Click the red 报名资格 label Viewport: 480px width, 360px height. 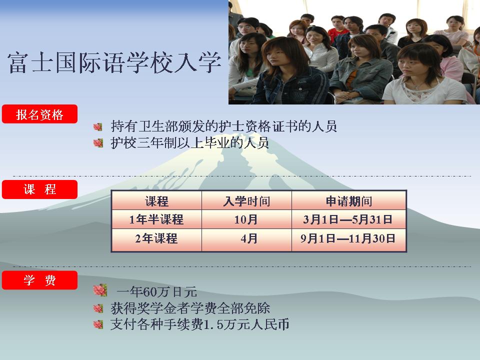(39, 114)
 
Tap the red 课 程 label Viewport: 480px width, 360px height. (39, 189)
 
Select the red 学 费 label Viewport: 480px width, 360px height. (39, 280)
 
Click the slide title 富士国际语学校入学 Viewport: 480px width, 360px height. (114, 63)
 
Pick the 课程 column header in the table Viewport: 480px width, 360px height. (156, 201)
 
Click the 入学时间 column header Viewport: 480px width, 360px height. (246, 201)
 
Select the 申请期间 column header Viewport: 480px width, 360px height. (349, 201)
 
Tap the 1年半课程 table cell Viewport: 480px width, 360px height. (156, 219)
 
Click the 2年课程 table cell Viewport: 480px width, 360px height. (156, 238)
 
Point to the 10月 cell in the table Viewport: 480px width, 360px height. (246, 219)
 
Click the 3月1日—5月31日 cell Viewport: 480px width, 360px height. (348, 219)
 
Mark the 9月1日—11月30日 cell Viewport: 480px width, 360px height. (348, 238)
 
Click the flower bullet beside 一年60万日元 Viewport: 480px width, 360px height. (100, 290)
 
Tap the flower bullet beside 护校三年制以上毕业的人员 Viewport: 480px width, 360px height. (98, 142)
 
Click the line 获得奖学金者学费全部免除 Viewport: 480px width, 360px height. (190, 308)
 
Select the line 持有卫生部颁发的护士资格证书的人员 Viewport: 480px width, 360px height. (224, 126)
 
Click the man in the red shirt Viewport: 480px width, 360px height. (337, 26)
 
